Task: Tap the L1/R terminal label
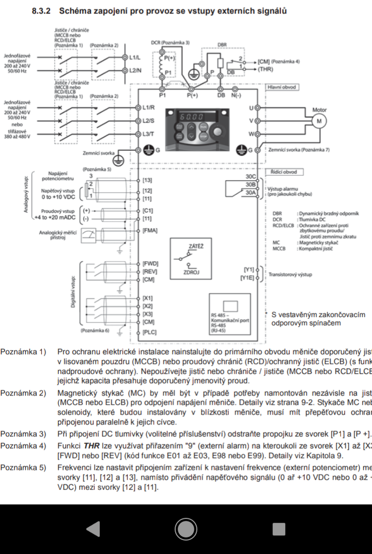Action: (x=149, y=107)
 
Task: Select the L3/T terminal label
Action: (x=149, y=134)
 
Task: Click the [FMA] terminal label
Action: (x=150, y=230)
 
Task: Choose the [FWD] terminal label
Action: (x=151, y=263)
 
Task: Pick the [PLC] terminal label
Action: (x=150, y=333)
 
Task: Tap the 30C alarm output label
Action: (x=250, y=177)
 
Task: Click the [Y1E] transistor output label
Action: (x=247, y=278)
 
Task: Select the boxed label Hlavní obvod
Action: (x=283, y=87)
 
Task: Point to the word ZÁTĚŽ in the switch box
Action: (x=196, y=246)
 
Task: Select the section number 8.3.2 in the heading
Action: (x=42, y=11)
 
